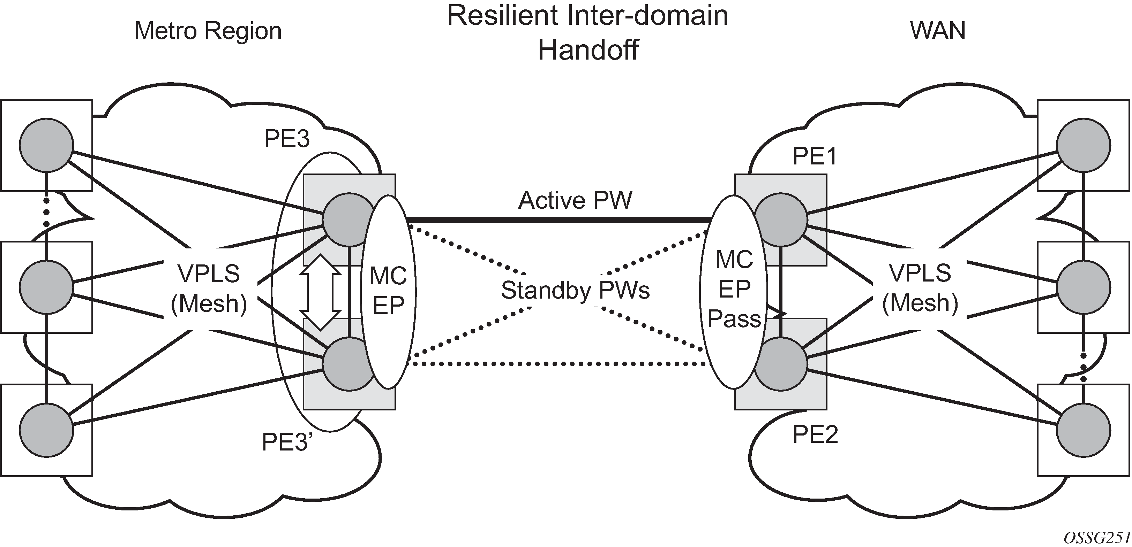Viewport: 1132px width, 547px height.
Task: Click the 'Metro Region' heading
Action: (208, 31)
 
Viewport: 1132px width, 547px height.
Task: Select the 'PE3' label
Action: (286, 139)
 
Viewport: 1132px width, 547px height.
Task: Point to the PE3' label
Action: (287, 442)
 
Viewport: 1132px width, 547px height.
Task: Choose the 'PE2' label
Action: (815, 434)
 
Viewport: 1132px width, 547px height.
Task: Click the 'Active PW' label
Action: (575, 200)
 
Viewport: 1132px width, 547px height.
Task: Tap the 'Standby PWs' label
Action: (575, 290)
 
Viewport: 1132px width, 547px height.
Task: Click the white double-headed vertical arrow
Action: (320, 292)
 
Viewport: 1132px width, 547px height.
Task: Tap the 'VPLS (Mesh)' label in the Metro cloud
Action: (209, 289)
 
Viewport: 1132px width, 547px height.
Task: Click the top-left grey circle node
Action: (46, 145)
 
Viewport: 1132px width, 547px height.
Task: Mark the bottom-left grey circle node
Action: (46, 430)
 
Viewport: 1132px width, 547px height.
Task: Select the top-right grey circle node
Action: (1084, 145)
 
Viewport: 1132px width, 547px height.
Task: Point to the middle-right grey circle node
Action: (1084, 287)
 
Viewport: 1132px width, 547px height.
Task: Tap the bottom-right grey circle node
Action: (1084, 430)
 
